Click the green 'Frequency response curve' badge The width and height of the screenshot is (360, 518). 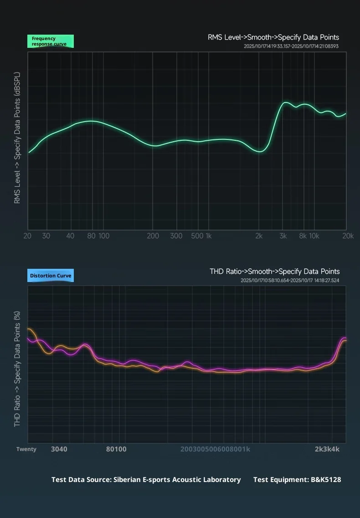pyautogui.click(x=50, y=41)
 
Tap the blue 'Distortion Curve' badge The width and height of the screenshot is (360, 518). pyautogui.click(x=50, y=276)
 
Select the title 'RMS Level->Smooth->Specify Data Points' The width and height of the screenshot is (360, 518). pyautogui.click(x=273, y=37)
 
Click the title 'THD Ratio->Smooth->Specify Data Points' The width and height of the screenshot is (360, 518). pyautogui.click(x=274, y=272)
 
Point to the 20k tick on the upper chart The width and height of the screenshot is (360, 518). pyautogui.click(x=348, y=236)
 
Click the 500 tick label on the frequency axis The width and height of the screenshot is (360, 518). pyautogui.click(x=197, y=236)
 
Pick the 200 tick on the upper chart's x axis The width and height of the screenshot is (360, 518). pyautogui.click(x=153, y=236)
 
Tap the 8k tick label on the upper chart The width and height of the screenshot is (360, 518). pyautogui.click(x=303, y=236)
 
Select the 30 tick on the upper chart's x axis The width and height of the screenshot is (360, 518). pyautogui.click(x=46, y=236)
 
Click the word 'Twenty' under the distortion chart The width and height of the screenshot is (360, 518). pyautogui.click(x=26, y=449)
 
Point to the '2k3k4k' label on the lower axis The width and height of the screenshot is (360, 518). pyautogui.click(x=327, y=449)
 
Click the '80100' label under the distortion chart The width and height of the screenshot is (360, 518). pyautogui.click(x=116, y=449)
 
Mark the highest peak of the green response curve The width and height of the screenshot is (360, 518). pyautogui.click(x=285, y=103)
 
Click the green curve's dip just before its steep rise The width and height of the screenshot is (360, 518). pyautogui.click(x=260, y=151)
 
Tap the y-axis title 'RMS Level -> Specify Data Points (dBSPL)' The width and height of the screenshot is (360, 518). pyautogui.click(x=17, y=137)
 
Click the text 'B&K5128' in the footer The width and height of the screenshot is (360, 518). pyautogui.click(x=325, y=479)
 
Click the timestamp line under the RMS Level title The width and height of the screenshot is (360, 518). pyautogui.click(x=291, y=46)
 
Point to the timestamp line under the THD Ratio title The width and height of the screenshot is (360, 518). pyautogui.click(x=290, y=280)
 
